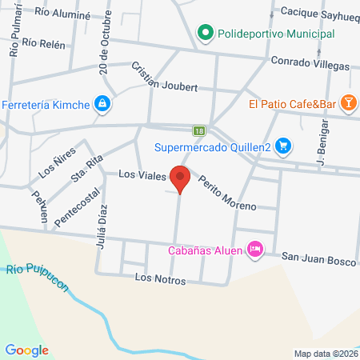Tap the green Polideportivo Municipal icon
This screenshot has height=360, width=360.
pos(206,34)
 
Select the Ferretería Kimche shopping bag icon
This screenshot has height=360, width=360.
pos(102,103)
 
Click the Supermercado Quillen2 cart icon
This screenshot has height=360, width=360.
pos(282,146)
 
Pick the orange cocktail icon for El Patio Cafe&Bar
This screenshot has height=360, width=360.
pos(348,103)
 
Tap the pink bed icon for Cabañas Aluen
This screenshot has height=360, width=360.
pos(255,250)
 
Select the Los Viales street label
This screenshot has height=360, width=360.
pos(142,174)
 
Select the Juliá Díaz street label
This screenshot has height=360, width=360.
pos(102,229)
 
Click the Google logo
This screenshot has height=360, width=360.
pos(27,350)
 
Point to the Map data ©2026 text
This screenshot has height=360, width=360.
pos(324,353)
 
